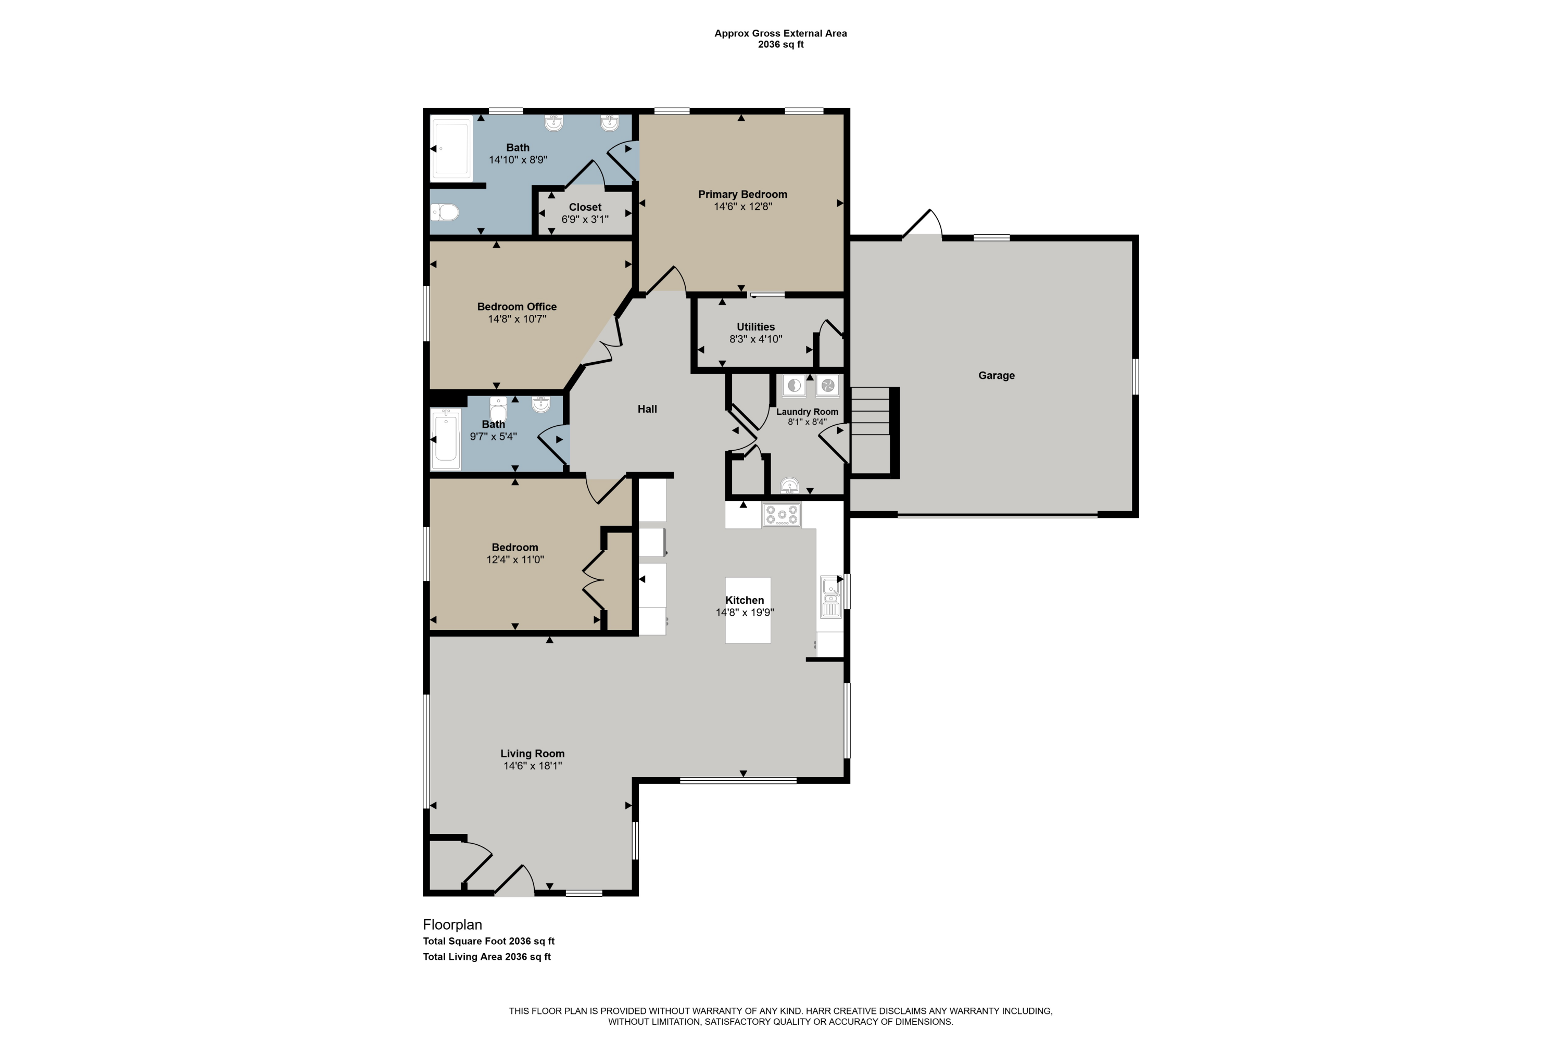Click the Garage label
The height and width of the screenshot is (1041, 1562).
[996, 376]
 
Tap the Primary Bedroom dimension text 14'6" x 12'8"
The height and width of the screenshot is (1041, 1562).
[742, 207]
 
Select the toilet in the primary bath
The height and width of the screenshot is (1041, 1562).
[446, 212]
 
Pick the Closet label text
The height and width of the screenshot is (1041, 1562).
[585, 207]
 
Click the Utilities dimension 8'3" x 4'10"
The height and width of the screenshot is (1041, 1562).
[756, 339]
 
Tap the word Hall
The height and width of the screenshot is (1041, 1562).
[647, 410]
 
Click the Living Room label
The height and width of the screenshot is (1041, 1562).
[533, 754]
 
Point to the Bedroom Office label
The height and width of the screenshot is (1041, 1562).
[517, 307]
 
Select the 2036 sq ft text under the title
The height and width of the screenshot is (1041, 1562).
[780, 44]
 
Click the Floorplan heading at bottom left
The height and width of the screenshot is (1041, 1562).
[452, 925]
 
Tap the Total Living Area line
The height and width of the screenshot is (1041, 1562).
[487, 957]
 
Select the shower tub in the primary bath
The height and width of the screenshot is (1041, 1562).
[451, 149]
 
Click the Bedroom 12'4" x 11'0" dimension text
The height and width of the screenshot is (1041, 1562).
[515, 560]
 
